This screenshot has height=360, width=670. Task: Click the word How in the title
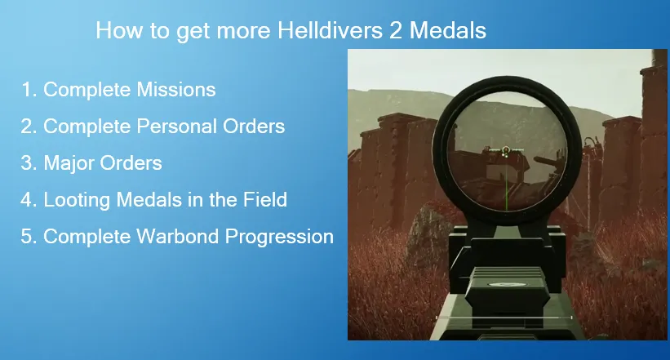point(115,31)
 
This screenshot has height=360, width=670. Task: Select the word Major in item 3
point(69,163)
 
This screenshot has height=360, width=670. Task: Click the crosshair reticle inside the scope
point(506,151)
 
